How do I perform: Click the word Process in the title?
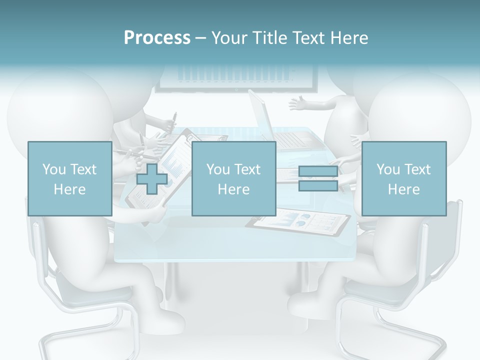[157, 38]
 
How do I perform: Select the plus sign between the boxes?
[152, 179]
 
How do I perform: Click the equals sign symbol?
[318, 179]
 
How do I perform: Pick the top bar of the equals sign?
[318, 172]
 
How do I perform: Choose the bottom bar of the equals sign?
[318, 186]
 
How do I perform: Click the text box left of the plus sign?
[69, 178]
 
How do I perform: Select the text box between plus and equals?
[233, 178]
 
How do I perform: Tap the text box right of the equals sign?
[403, 178]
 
